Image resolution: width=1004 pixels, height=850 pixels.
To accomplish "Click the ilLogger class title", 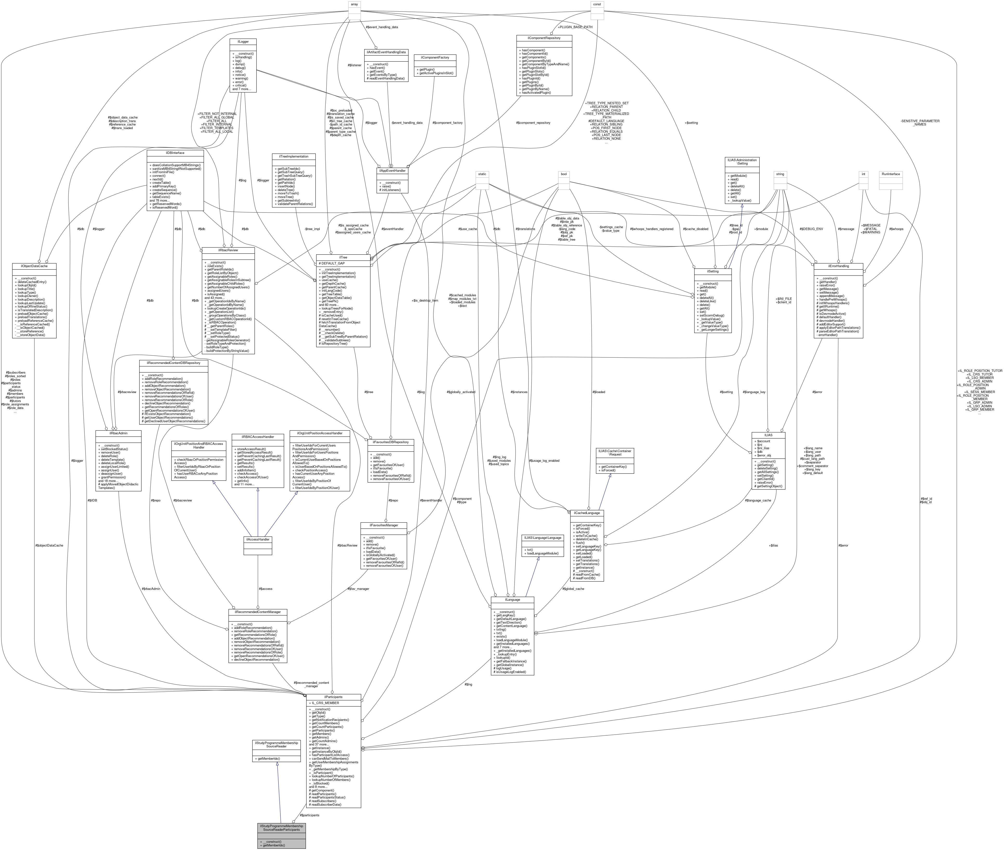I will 243,41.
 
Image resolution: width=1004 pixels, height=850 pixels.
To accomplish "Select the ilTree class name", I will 343,257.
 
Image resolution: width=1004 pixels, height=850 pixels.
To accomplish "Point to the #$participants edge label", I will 310,815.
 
